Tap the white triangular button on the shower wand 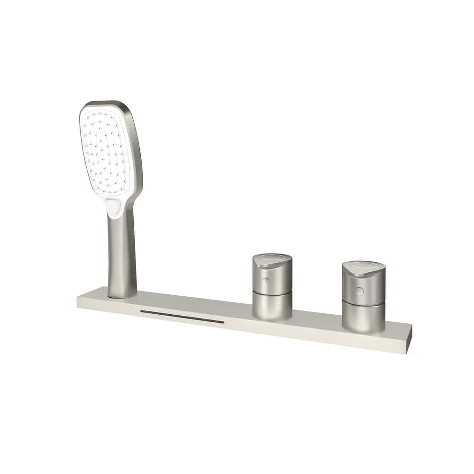113,207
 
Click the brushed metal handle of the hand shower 122,256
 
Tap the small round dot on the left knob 265,282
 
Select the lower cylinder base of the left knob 272,306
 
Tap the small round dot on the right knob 359,291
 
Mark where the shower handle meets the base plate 122,296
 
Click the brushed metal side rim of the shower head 136,152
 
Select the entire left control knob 272,287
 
